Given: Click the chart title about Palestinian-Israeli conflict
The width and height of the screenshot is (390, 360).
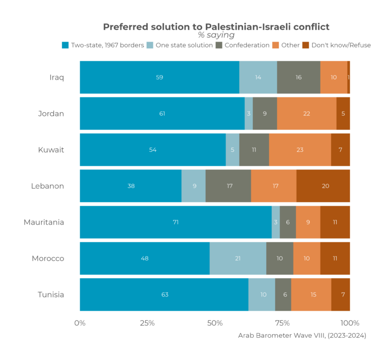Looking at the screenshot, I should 216,26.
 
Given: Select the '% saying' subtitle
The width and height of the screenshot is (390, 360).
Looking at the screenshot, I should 216,36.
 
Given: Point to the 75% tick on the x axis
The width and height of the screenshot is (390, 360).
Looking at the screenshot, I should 282,323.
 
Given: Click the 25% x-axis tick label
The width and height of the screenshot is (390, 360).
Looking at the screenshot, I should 147,323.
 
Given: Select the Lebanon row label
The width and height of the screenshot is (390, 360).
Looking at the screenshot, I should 48,186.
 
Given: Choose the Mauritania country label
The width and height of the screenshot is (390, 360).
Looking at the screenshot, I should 44,222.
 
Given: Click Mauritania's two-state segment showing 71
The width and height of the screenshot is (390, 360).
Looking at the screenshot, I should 175,222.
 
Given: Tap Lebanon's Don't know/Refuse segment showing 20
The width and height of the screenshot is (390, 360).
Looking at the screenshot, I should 323,186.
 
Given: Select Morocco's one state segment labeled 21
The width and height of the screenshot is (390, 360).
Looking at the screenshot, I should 238,258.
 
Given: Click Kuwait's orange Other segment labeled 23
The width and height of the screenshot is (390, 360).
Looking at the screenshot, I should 300,150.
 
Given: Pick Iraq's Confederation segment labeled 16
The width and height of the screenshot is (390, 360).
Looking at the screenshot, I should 299,77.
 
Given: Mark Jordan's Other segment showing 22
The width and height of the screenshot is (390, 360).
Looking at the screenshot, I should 307,113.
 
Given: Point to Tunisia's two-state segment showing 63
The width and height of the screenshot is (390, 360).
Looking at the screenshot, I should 164,294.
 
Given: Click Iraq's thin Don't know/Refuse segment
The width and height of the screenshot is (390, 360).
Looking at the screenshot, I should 348,77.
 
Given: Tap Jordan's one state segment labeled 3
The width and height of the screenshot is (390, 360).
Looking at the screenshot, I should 248,113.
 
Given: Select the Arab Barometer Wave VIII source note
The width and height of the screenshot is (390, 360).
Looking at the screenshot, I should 302,336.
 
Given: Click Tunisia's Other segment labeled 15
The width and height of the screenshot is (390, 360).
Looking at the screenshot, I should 311,294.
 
